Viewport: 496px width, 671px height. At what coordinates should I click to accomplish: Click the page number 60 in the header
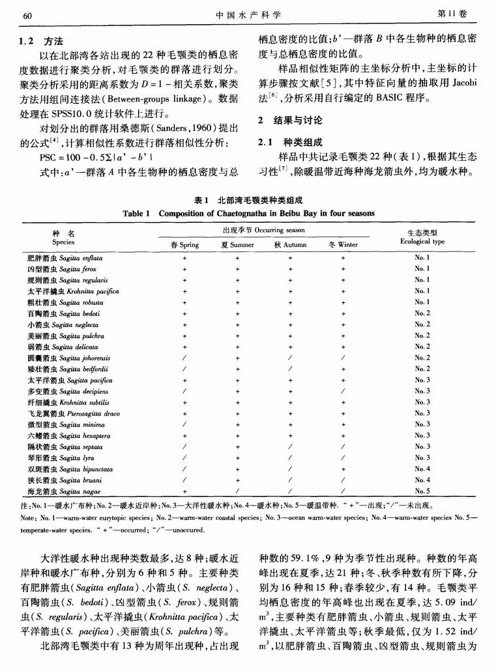pyautogui.click(x=27, y=14)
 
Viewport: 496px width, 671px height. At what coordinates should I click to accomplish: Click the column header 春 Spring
pyautogui.click(x=184, y=245)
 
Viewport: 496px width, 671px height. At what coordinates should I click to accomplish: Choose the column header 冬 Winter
pyautogui.click(x=343, y=245)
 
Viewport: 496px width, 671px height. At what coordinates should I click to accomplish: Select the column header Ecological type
pyautogui.click(x=422, y=242)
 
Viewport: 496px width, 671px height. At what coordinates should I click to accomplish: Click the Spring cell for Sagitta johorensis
pyautogui.click(x=184, y=358)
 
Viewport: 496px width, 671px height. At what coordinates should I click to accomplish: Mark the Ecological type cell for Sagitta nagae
pyautogui.click(x=422, y=491)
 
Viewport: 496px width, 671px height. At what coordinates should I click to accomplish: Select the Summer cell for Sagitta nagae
pyautogui.click(x=237, y=491)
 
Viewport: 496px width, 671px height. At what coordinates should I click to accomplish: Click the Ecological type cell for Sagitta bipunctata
pyautogui.click(x=422, y=468)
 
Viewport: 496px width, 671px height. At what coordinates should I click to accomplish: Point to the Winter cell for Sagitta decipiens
pyautogui.click(x=343, y=391)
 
